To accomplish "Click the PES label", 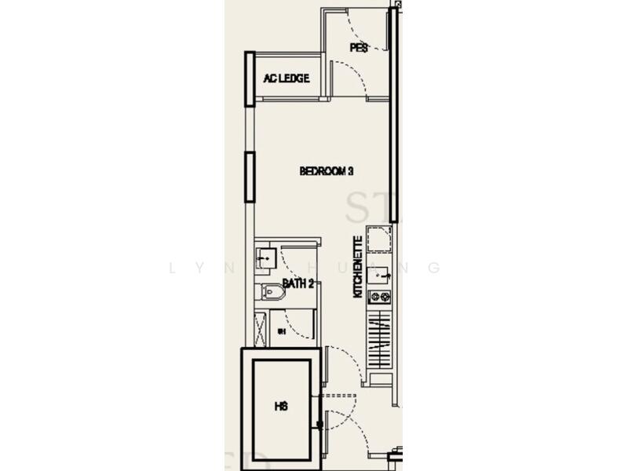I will (x=359, y=48).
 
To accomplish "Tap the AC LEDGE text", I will (x=286, y=78).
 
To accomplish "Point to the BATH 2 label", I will (x=298, y=284).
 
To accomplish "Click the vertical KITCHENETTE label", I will (x=358, y=267).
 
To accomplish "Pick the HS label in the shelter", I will (x=282, y=407).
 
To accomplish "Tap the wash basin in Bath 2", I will (x=265, y=256).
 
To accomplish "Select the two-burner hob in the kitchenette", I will (x=379, y=297).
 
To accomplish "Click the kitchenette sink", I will (x=379, y=274).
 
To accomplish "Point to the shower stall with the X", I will (x=261, y=328).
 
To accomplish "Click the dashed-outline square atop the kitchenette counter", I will (x=378, y=239).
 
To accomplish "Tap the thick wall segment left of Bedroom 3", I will (x=250, y=177).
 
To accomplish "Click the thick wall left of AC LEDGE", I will (x=250, y=78).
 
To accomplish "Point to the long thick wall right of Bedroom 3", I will (x=393, y=118).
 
